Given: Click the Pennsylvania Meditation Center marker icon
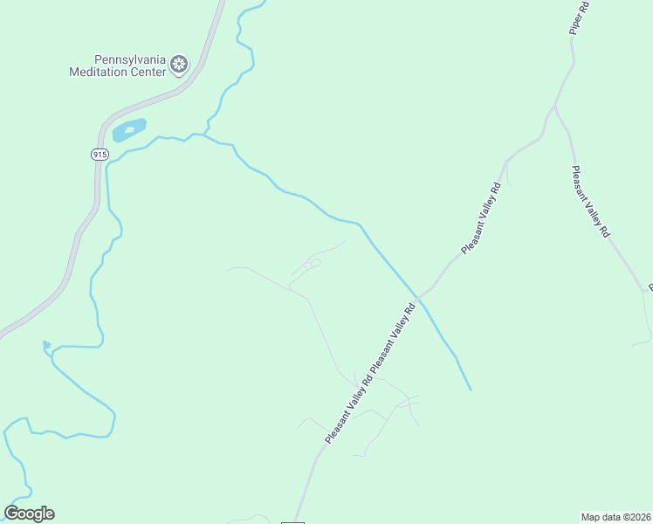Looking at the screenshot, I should tap(179, 64).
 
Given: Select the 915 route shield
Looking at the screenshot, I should tap(100, 154).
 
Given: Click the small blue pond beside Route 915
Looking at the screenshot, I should tap(128, 131).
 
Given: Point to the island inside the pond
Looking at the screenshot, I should tap(130, 130).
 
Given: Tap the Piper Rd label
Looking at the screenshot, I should tap(579, 17).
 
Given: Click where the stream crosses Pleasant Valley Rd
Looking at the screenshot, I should tap(418, 299).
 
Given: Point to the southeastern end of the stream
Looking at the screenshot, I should tap(471, 390).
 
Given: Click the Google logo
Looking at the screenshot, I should tap(29, 514).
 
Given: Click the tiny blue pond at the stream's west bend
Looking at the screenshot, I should tap(46, 344).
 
